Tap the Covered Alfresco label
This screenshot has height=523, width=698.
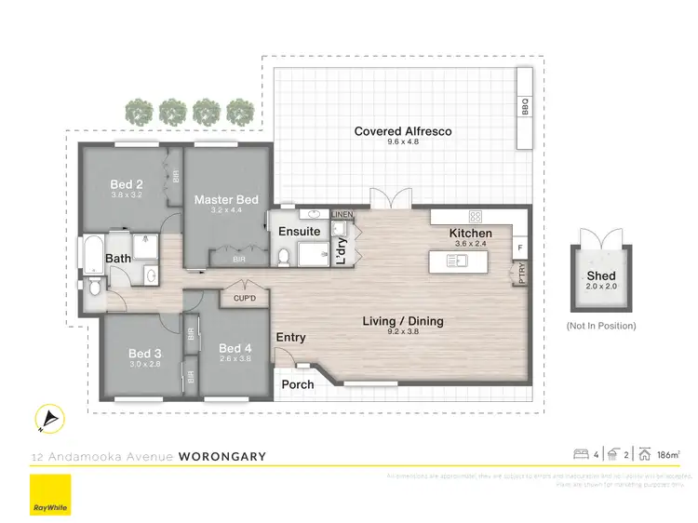tap(403, 131)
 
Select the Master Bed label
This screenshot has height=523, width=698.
tap(226, 199)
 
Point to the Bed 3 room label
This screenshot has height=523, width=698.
tap(145, 353)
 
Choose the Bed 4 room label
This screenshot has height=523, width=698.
tap(235, 349)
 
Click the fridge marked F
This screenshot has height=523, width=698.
tap(519, 248)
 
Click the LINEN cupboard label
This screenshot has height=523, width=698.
tap(342, 214)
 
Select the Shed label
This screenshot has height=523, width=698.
tap(601, 275)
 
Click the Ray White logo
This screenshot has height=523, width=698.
tap(50, 494)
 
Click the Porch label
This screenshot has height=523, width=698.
tap(298, 384)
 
